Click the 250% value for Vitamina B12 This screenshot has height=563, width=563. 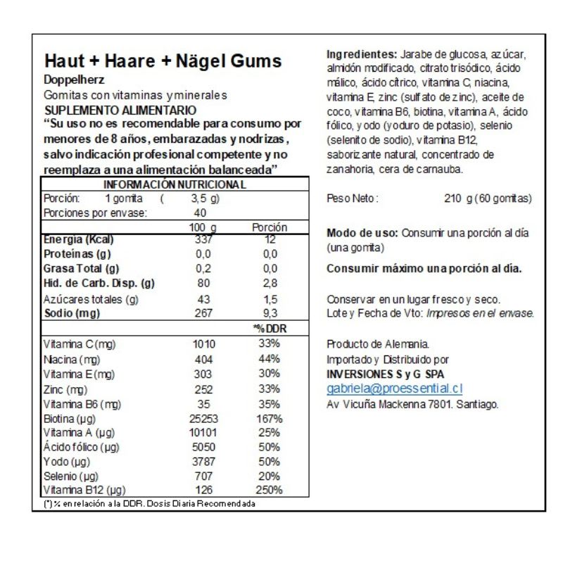267,490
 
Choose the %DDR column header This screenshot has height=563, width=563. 267,328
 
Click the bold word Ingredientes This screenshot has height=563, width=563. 362,55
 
